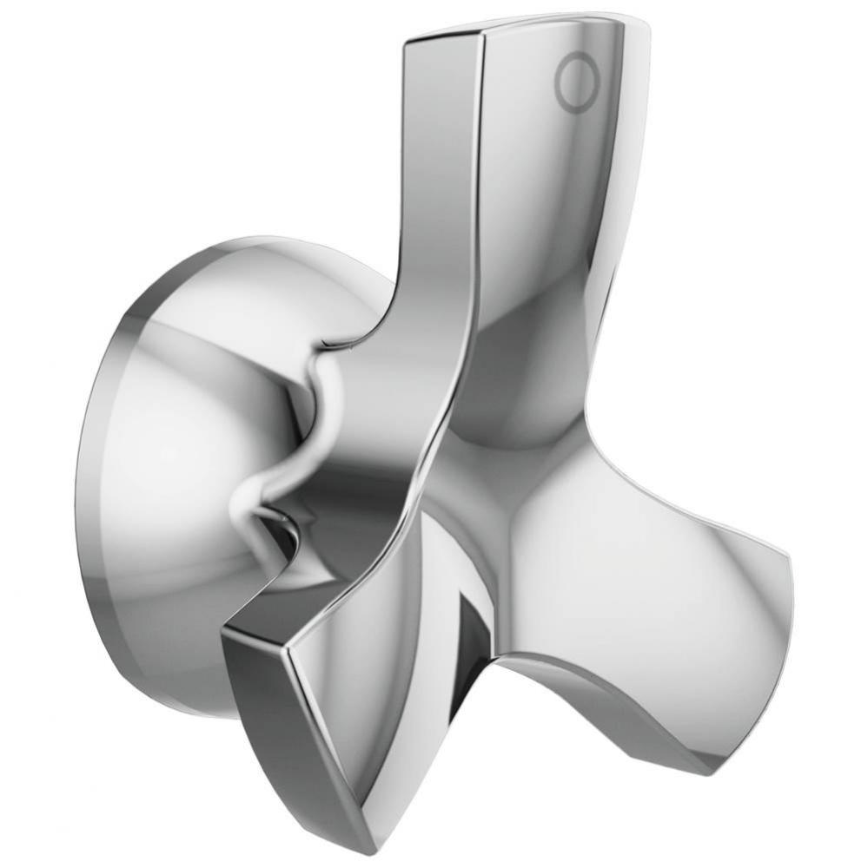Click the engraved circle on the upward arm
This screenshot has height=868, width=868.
(x=578, y=83)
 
